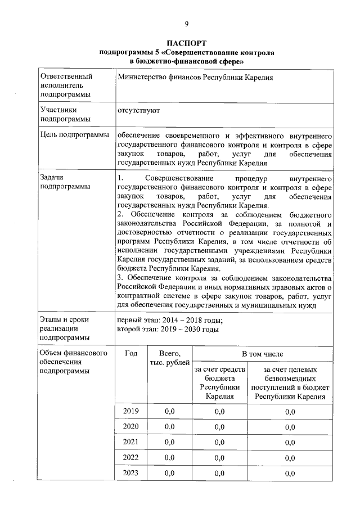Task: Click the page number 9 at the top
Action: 186,23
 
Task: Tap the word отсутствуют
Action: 138,110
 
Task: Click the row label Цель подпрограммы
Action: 74,136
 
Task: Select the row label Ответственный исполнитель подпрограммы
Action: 65,85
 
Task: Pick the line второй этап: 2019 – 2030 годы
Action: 167,330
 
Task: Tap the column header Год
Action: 130,354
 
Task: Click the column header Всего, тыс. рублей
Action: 169,358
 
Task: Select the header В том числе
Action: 262,354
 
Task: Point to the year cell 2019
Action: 130,412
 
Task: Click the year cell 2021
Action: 130,442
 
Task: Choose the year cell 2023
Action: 130,474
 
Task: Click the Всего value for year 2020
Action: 169,427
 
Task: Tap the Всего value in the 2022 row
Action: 169,458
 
